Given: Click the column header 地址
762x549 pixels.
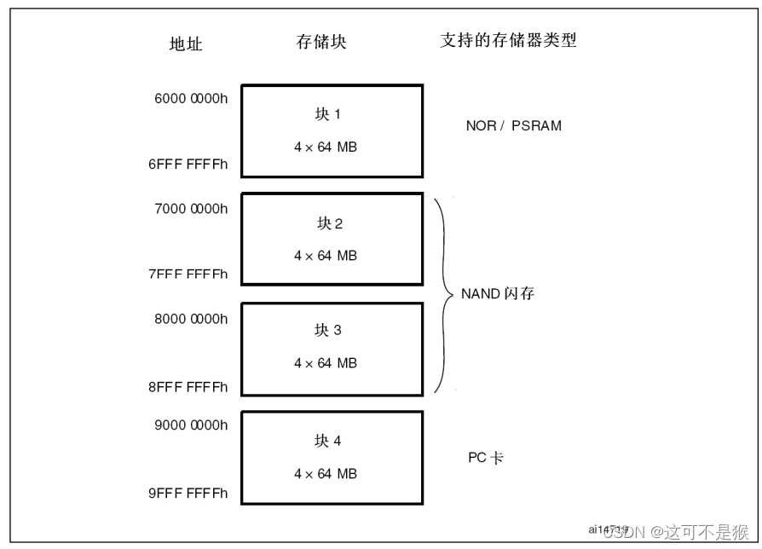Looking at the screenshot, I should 185,44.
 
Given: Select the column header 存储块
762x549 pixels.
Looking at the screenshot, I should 321,43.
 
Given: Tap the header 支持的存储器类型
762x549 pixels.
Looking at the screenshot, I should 508,40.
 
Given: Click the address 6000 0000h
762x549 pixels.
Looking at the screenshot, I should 191,98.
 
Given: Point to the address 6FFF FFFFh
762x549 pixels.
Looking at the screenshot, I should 188,165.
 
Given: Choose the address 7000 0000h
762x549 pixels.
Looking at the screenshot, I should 191,208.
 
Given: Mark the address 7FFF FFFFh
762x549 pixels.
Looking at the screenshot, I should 188,274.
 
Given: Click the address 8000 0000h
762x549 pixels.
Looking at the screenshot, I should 191,319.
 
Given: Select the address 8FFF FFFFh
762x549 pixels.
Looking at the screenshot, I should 188,386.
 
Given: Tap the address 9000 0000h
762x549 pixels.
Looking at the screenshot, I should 191,425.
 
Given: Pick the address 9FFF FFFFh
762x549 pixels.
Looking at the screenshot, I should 188,493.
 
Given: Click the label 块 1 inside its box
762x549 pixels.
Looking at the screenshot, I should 327,114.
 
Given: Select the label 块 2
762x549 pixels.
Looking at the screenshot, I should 330,223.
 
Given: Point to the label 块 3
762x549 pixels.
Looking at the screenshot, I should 327,330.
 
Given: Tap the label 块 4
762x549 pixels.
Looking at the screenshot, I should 327,441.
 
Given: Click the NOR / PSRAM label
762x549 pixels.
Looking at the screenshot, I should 513,125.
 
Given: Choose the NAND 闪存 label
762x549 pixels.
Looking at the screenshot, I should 498,294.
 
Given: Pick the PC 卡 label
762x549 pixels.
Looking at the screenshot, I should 485,458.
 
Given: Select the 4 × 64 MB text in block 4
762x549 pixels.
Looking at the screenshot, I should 325,474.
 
